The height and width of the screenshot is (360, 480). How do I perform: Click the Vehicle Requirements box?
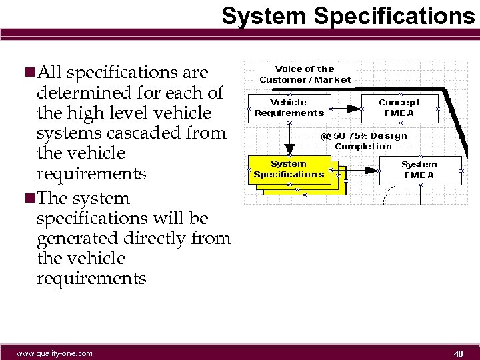289,108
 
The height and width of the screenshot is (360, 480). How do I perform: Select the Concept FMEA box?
399,108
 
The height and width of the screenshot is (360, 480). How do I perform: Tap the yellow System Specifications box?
289,169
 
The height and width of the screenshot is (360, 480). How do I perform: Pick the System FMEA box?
419,170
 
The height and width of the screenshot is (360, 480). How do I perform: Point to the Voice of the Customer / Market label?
305,74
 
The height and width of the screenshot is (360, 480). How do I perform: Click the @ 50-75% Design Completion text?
363,141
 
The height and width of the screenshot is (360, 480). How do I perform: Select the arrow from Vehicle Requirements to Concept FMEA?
345,108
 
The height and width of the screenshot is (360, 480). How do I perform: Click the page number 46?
458,353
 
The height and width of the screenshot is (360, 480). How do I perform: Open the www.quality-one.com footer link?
55,353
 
